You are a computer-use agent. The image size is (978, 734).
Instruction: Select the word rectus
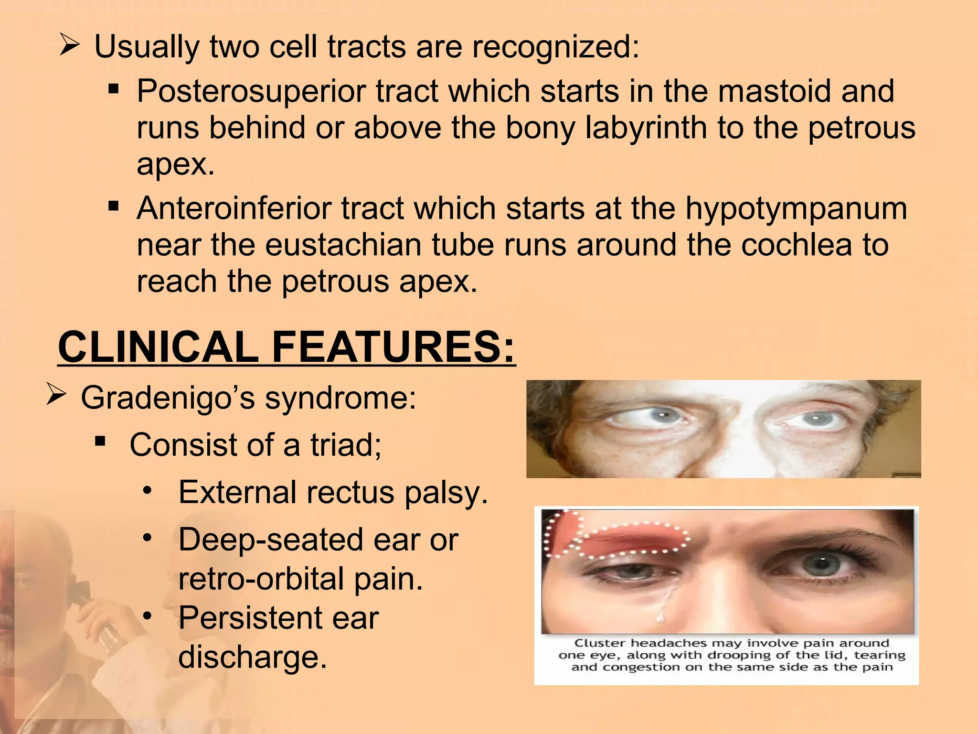351,492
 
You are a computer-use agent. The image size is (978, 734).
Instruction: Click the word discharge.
252,658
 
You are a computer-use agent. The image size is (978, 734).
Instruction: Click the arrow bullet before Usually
70,47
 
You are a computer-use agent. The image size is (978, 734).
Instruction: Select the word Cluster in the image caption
599,643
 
